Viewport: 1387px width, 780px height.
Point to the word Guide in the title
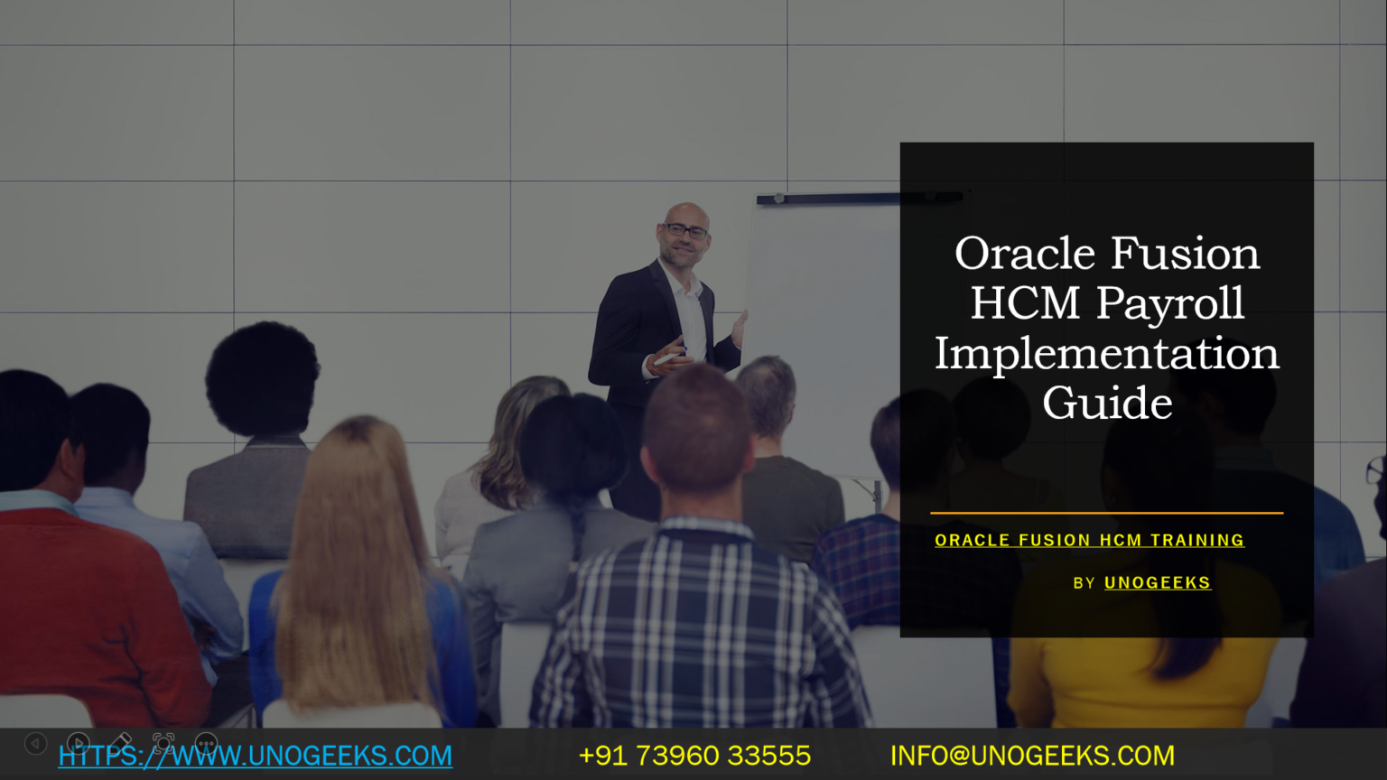[x=1107, y=403]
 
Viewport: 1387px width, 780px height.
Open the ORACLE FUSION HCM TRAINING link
[x=1089, y=541]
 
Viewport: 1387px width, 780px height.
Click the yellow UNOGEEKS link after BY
[x=1158, y=582]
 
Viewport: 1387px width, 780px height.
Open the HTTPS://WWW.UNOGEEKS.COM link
[x=256, y=756]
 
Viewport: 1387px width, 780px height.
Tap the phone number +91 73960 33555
[x=694, y=756]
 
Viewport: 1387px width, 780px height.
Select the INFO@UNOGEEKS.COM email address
[x=1032, y=756]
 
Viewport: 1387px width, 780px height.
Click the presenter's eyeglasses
[x=685, y=231]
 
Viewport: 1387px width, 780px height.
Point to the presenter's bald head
[x=686, y=212]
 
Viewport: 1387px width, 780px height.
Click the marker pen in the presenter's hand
[x=669, y=357]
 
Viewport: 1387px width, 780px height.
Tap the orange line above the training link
[x=1106, y=513]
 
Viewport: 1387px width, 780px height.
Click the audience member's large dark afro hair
[x=262, y=377]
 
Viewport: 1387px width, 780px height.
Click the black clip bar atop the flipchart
[x=860, y=198]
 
